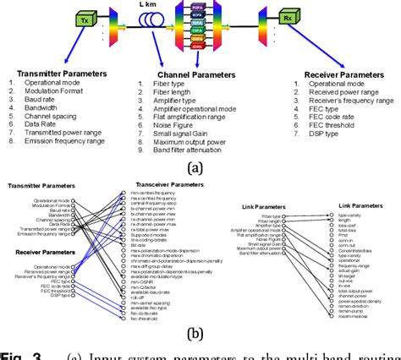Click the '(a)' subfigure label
coord(195,167)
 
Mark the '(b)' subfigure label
coord(196,335)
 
